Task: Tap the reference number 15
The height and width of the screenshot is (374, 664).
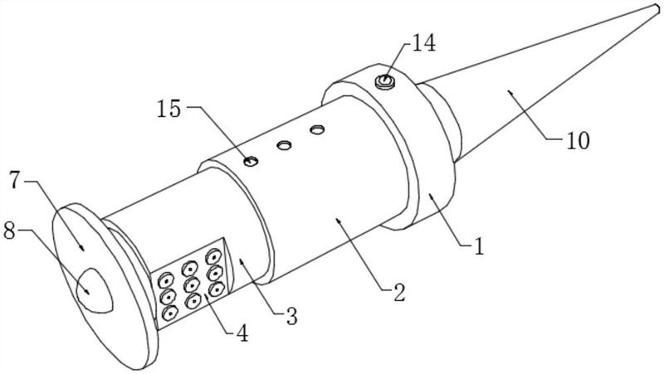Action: click(x=169, y=109)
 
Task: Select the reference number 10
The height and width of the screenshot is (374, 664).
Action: click(x=578, y=141)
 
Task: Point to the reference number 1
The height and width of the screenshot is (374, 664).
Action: click(x=479, y=247)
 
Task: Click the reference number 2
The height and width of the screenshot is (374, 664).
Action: click(x=399, y=293)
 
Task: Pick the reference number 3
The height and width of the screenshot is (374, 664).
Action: click(x=291, y=316)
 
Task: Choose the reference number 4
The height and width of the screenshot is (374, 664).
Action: click(x=242, y=334)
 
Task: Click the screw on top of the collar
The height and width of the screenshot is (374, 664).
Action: click(x=384, y=80)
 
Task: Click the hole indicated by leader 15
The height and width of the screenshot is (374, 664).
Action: click(x=251, y=161)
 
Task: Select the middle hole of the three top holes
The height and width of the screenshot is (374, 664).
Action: click(x=284, y=146)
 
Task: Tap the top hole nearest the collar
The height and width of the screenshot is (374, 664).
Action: click(x=317, y=129)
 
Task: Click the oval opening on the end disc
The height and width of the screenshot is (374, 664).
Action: click(x=94, y=290)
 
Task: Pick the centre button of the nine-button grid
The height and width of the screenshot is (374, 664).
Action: click(x=193, y=284)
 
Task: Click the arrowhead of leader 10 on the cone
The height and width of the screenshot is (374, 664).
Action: click(x=510, y=91)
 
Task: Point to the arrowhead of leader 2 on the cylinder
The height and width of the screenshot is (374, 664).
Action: click(x=338, y=220)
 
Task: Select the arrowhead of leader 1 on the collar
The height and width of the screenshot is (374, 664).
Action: click(x=430, y=195)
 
